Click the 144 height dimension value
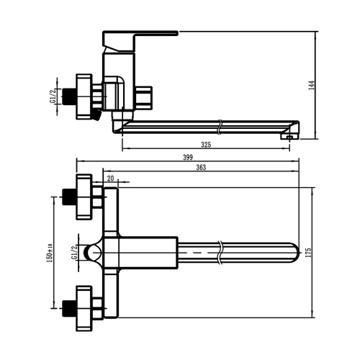click(x=312, y=85)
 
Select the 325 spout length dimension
click(x=206, y=145)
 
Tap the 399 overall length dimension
click(x=188, y=158)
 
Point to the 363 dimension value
click(x=201, y=168)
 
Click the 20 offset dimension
click(x=110, y=179)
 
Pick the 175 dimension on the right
click(x=308, y=253)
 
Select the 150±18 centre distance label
click(x=50, y=253)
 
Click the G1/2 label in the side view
click(x=53, y=96)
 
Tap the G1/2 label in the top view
click(x=74, y=253)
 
